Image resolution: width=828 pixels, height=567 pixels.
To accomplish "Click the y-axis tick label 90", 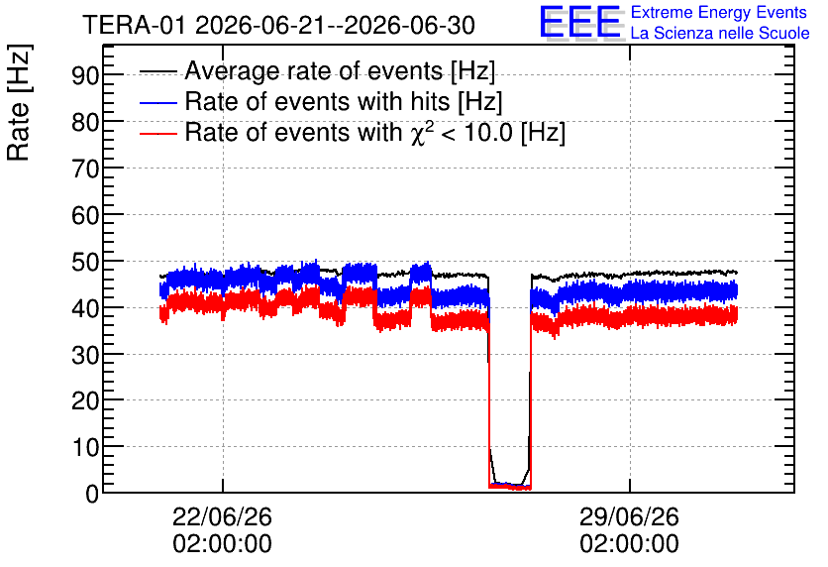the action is pyautogui.click(x=85, y=75).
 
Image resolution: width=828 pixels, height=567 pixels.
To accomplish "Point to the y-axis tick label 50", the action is pyautogui.click(x=85, y=262).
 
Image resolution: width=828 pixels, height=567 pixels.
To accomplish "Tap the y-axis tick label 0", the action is pyautogui.click(x=92, y=494).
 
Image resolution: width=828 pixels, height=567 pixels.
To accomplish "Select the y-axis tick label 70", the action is pyautogui.click(x=85, y=170).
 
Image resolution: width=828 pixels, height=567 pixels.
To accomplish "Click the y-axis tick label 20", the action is pyautogui.click(x=85, y=401).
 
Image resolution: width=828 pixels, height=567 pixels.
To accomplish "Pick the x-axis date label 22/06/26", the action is pyautogui.click(x=222, y=516).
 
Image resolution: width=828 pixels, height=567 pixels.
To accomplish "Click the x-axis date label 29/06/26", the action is pyautogui.click(x=630, y=516).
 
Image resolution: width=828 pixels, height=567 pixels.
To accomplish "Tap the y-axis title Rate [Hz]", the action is pyautogui.click(x=19, y=102).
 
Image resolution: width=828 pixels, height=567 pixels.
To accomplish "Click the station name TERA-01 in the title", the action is pyautogui.click(x=134, y=25).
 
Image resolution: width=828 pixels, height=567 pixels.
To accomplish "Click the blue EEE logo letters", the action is pyautogui.click(x=580, y=21).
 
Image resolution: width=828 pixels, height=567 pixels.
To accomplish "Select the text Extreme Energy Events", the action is pyautogui.click(x=719, y=12).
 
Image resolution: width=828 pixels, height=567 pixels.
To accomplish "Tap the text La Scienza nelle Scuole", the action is pyautogui.click(x=720, y=33).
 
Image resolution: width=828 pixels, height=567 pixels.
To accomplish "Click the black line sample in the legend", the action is pyautogui.click(x=157, y=71).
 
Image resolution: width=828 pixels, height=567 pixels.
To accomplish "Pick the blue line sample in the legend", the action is pyautogui.click(x=157, y=102).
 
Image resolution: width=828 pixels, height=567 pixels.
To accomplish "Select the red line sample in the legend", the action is pyautogui.click(x=157, y=133).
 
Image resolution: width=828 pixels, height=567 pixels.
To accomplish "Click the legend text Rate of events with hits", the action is pyautogui.click(x=317, y=101).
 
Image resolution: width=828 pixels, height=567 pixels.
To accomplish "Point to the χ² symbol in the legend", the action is pyautogui.click(x=419, y=133).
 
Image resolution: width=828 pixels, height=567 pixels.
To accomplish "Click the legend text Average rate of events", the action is pyautogui.click(x=314, y=70).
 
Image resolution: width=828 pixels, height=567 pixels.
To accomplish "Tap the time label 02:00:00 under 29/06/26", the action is pyautogui.click(x=630, y=544).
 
